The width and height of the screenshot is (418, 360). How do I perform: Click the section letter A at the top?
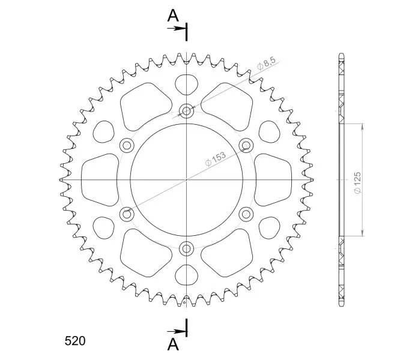(173, 16)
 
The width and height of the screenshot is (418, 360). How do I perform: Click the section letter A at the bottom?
(173, 344)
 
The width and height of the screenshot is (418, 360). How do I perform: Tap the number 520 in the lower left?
(75, 341)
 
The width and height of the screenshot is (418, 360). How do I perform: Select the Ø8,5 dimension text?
(266, 64)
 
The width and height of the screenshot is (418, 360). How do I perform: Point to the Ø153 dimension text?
(215, 158)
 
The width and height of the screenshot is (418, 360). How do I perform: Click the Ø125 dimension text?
(357, 182)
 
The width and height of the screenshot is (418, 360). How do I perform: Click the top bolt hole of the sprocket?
(187, 110)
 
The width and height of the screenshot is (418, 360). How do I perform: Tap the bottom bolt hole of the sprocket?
(187, 249)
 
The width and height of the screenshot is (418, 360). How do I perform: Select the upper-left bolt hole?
(127, 145)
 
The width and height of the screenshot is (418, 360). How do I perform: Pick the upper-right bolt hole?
(246, 145)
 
